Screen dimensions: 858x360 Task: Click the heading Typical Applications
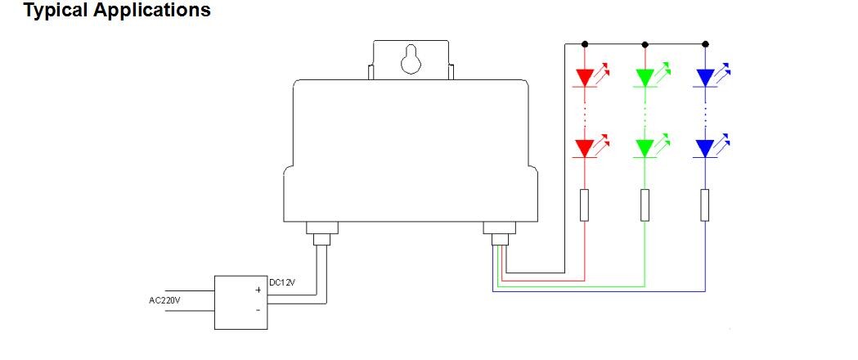point(117,11)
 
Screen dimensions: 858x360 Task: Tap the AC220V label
point(164,300)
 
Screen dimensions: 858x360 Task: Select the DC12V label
point(282,282)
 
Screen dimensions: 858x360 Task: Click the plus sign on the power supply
point(258,290)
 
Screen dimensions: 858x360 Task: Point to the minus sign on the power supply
point(258,310)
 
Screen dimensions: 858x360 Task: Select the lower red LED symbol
point(591,146)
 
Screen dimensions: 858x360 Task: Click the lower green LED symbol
point(650,146)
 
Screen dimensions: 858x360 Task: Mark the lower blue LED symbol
point(712,146)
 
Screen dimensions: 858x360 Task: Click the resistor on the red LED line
point(584,205)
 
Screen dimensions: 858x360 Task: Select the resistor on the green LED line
point(645,205)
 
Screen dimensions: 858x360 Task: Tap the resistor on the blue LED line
point(705,205)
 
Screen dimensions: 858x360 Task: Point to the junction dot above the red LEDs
point(584,43)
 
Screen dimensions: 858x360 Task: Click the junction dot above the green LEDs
point(645,43)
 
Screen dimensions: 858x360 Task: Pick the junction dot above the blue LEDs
point(705,43)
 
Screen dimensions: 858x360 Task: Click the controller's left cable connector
point(321,234)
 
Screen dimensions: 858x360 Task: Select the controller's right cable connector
point(500,234)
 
